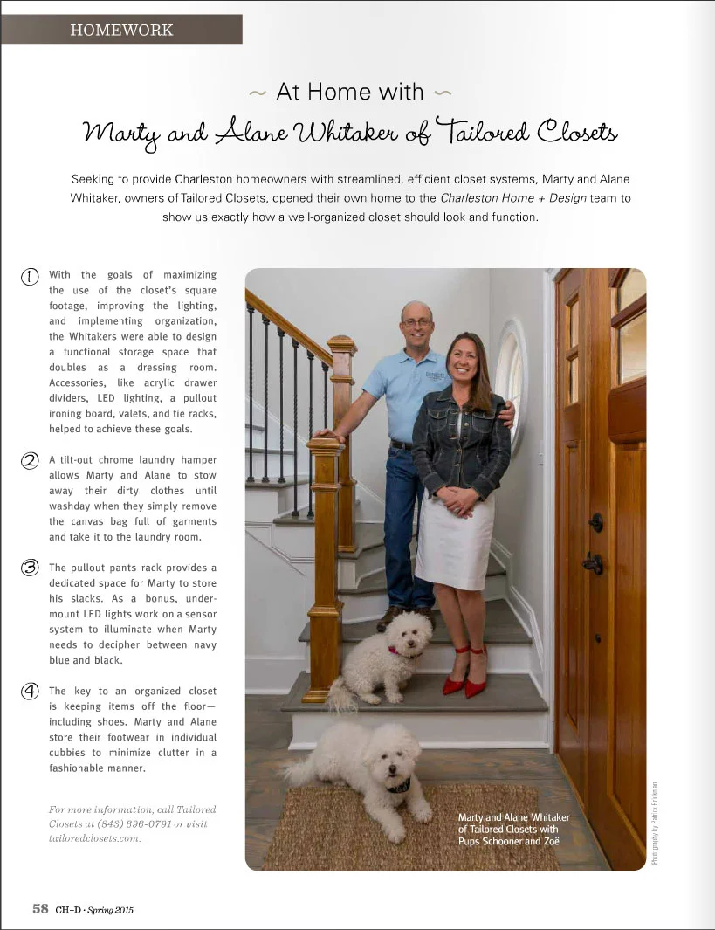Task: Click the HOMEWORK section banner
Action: pyautogui.click(x=121, y=30)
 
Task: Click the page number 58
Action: pyautogui.click(x=40, y=908)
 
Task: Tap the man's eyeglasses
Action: pyautogui.click(x=417, y=322)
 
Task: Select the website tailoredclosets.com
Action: pyautogui.click(x=94, y=837)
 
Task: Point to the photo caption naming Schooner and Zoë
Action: pyautogui.click(x=513, y=829)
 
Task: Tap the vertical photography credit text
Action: pyautogui.click(x=655, y=822)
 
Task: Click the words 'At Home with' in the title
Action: pyautogui.click(x=349, y=92)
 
